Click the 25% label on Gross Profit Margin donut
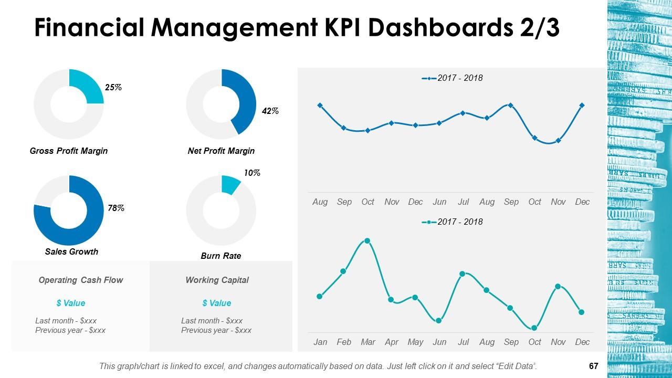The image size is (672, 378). (113, 88)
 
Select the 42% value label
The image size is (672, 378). (270, 111)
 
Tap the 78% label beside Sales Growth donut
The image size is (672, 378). (115, 208)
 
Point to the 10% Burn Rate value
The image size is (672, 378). (252, 173)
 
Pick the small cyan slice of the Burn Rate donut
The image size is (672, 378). (230, 185)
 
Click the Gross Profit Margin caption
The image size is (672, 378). (69, 151)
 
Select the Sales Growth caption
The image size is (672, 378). (71, 251)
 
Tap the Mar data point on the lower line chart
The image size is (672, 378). (367, 241)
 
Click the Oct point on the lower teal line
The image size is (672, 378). (534, 328)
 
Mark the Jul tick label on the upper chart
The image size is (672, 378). (463, 202)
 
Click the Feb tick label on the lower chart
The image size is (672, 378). (344, 342)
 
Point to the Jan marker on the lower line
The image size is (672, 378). (320, 297)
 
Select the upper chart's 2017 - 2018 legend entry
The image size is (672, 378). (453, 78)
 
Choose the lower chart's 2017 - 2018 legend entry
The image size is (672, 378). (453, 222)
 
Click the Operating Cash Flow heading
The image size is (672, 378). (81, 280)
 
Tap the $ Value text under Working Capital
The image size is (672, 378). (216, 303)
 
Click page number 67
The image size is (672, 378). (594, 365)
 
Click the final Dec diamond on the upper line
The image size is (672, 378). (582, 106)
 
